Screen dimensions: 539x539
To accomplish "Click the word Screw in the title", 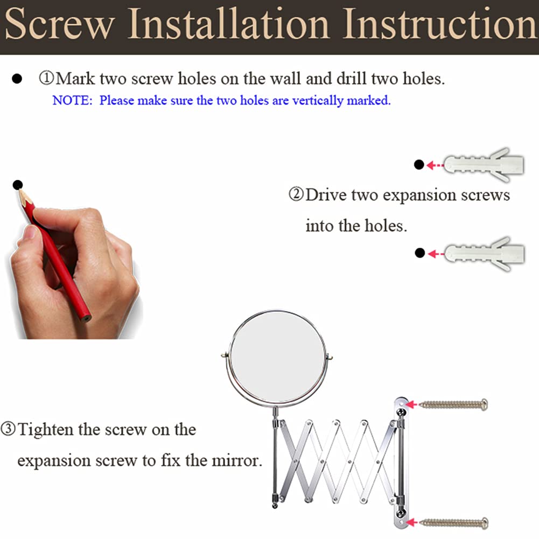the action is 59,23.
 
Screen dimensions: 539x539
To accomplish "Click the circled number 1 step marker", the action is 46,78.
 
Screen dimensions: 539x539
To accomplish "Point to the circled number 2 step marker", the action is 296,194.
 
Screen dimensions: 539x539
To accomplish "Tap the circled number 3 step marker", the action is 8,429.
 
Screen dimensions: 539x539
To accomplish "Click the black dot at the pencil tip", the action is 18,185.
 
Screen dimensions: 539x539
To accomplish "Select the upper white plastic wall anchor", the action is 484,165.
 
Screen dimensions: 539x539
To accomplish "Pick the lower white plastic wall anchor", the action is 484,254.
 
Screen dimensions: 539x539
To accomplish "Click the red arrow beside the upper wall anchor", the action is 435,165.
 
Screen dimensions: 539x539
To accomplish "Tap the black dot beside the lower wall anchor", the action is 419,253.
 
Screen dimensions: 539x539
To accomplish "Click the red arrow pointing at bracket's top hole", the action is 412,404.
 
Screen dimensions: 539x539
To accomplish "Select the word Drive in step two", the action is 326,194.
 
